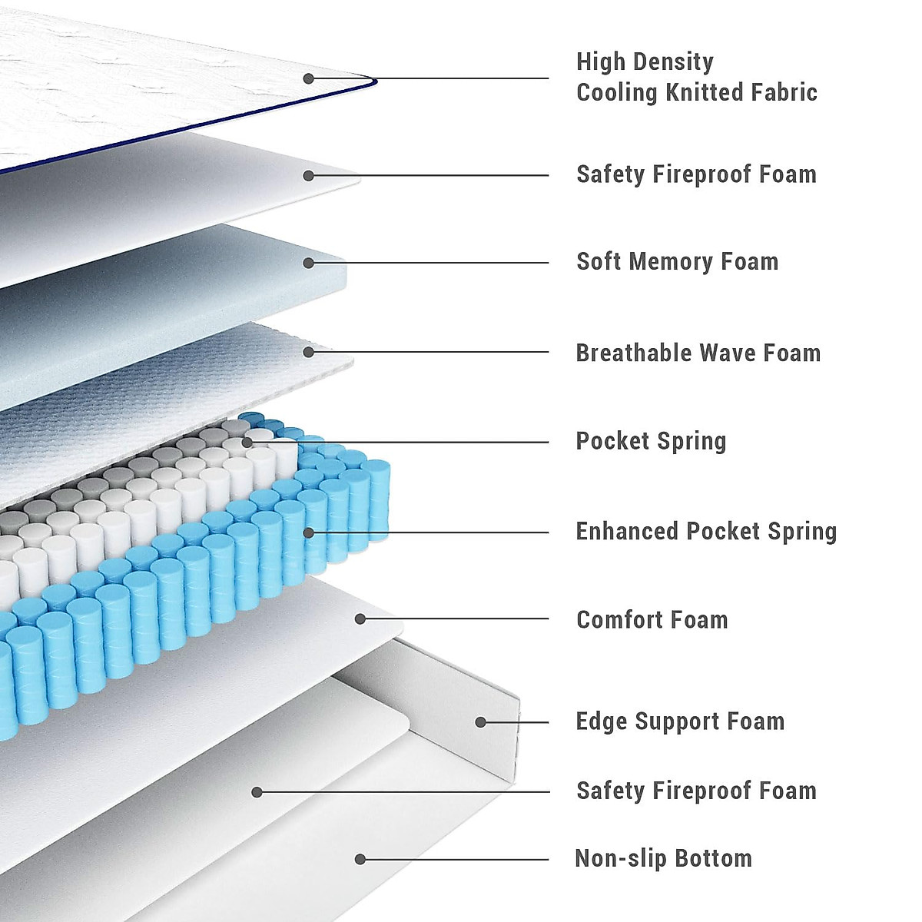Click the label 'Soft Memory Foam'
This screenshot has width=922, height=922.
click(677, 261)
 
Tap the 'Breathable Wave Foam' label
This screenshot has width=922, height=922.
click(698, 353)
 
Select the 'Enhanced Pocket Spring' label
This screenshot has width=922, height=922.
click(706, 531)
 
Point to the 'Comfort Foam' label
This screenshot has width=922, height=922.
click(652, 619)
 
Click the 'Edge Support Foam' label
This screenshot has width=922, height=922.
click(680, 721)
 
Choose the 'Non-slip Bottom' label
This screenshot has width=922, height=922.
click(663, 858)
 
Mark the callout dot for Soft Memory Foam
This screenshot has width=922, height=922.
click(308, 263)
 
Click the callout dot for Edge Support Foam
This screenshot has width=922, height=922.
click(480, 722)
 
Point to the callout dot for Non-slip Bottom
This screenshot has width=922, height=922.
click(360, 859)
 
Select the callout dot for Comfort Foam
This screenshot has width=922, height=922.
click(360, 619)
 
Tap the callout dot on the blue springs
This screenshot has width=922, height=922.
click(308, 532)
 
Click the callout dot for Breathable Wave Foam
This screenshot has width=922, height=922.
click(308, 352)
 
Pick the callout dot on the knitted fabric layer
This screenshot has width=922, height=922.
click(308, 78)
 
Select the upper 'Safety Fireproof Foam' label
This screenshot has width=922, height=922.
click(696, 174)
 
